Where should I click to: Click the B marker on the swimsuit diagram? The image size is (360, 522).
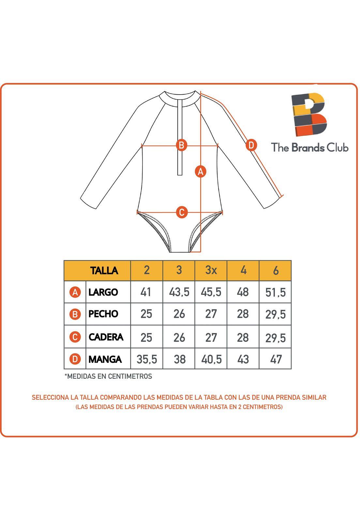coord(181,145)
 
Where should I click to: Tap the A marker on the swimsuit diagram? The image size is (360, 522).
coord(201,171)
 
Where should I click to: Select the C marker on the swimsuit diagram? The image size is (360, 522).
coord(182,212)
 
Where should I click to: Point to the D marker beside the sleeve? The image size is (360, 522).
coord(251,145)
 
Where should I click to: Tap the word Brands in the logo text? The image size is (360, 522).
coord(308,147)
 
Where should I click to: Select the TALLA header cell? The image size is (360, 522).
coord(104,270)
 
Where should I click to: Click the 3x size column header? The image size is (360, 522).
coord(211,270)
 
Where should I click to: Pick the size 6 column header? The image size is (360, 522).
coord(276,270)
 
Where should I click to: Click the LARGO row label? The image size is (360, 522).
coord(103,292)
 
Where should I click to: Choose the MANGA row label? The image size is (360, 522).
coord(105,359)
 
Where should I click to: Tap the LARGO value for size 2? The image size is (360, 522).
coord(146,292)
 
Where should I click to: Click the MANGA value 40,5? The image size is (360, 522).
coord(211,359)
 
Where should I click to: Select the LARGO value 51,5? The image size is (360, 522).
coord(276,292)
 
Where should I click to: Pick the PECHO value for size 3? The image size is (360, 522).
coord(179,314)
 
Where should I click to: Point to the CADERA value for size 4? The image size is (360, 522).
coord(243,337)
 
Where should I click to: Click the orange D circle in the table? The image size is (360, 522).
coord(75,359)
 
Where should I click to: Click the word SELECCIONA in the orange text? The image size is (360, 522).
coord(50,397)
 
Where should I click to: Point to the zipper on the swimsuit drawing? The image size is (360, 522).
coord(180,137)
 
